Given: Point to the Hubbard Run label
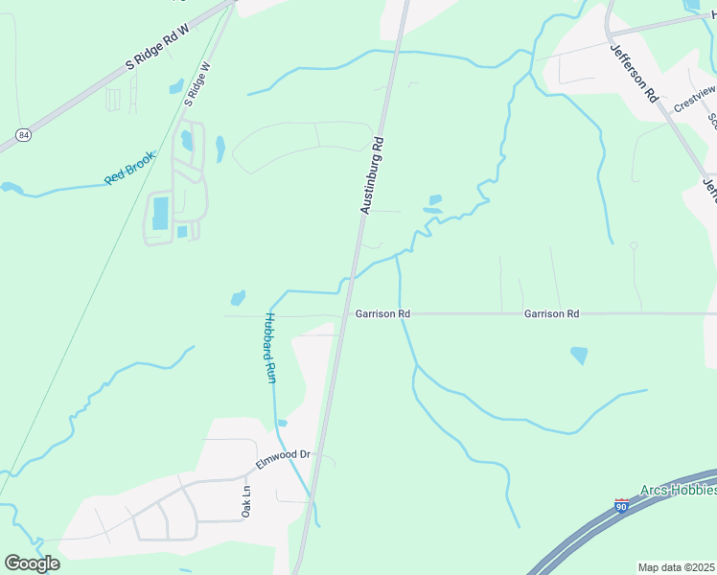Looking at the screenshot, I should tap(270, 349).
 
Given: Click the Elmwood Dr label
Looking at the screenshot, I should tap(284, 459).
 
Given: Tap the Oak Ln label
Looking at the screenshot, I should tap(246, 502).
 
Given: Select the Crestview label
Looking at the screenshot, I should tap(694, 99).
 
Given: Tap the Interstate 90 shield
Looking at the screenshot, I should tap(622, 505).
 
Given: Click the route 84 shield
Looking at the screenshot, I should tap(23, 134).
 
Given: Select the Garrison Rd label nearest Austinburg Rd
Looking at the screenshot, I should tap(382, 313).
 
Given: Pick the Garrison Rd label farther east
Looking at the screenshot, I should tap(551, 313).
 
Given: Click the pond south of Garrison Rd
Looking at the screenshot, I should tap(579, 356).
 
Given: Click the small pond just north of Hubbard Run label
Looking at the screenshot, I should tap(238, 298).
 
